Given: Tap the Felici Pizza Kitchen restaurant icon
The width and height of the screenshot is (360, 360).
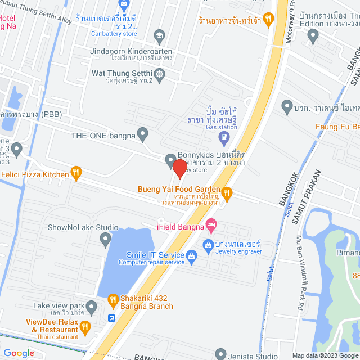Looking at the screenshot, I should [75, 174].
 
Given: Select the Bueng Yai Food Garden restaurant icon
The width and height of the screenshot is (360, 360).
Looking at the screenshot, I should [227, 193].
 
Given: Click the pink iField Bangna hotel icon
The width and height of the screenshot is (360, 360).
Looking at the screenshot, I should [210, 226].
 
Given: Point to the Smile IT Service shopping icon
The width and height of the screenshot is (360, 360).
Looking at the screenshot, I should [191, 256].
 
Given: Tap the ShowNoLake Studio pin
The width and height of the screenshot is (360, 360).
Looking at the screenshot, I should [105, 240].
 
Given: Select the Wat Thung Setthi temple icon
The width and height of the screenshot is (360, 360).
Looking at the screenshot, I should [160, 74].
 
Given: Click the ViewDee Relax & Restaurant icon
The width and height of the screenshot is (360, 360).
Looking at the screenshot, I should [84, 326].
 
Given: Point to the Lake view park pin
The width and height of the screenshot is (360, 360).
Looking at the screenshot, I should [92, 307].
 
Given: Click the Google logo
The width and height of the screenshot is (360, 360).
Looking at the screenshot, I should [19, 353].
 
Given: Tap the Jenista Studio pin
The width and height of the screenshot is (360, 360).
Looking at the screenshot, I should [220, 354].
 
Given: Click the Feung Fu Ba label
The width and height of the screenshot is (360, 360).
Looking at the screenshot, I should [337, 127].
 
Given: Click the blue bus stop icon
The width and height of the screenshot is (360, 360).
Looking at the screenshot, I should [112, 318].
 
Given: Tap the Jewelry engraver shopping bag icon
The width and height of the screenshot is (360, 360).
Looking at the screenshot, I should [208, 244].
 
